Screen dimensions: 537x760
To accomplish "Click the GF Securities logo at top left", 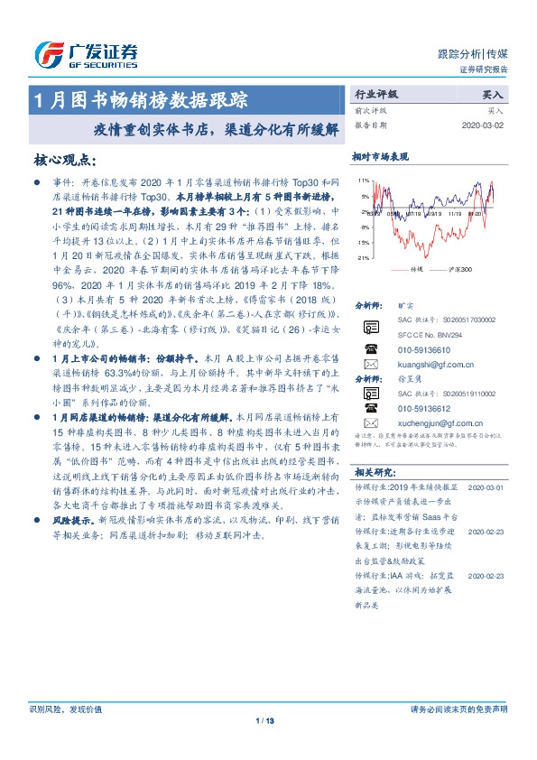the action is coord(85,54).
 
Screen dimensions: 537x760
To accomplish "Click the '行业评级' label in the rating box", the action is coord(376,93).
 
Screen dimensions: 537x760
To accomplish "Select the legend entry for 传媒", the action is coord(416,270).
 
